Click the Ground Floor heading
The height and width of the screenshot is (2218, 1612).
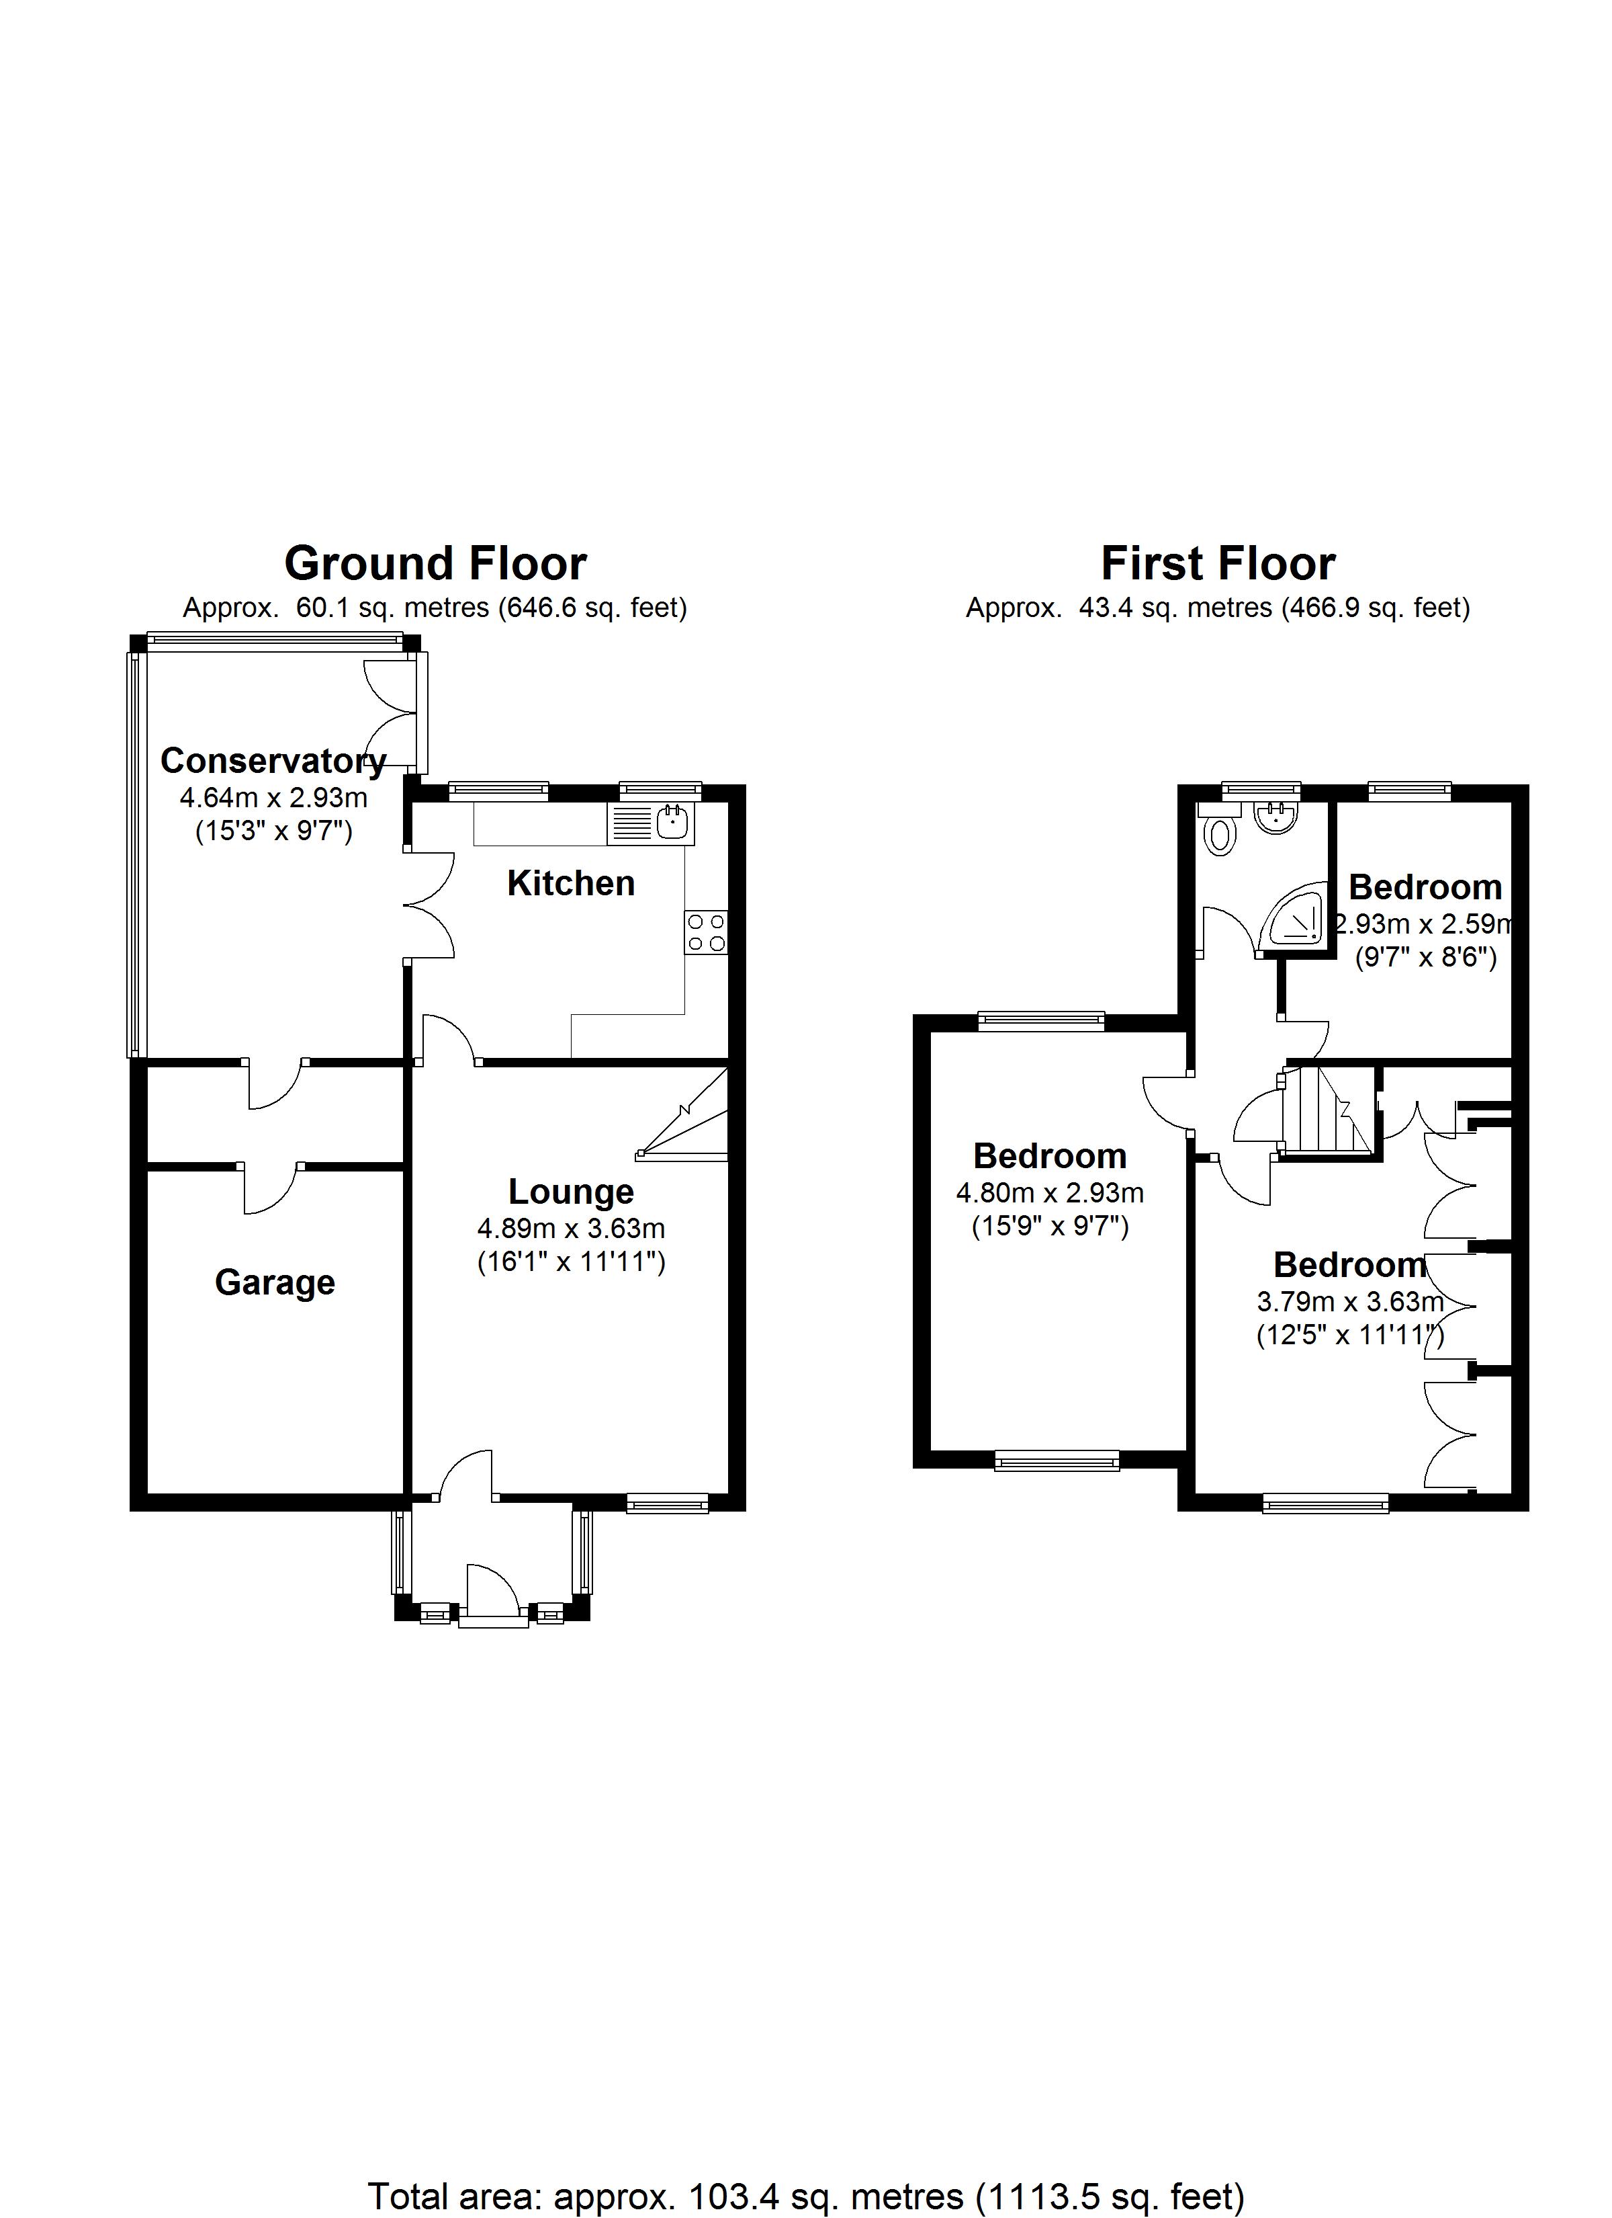[x=435, y=565]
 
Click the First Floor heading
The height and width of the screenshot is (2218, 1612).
[x=1217, y=565]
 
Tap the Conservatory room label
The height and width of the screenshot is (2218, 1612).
[x=273, y=760]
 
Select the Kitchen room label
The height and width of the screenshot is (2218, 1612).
[x=571, y=883]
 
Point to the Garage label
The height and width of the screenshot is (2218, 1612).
[x=275, y=1282]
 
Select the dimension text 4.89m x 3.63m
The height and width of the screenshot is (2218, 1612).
[x=571, y=1229]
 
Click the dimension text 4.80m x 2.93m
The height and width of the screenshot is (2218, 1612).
[x=1050, y=1193]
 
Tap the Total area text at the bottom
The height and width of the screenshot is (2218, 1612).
[x=805, y=2196]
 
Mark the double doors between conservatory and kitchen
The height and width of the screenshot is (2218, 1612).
[x=430, y=905]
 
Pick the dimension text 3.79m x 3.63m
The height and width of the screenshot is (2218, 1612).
[x=1349, y=1303]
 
